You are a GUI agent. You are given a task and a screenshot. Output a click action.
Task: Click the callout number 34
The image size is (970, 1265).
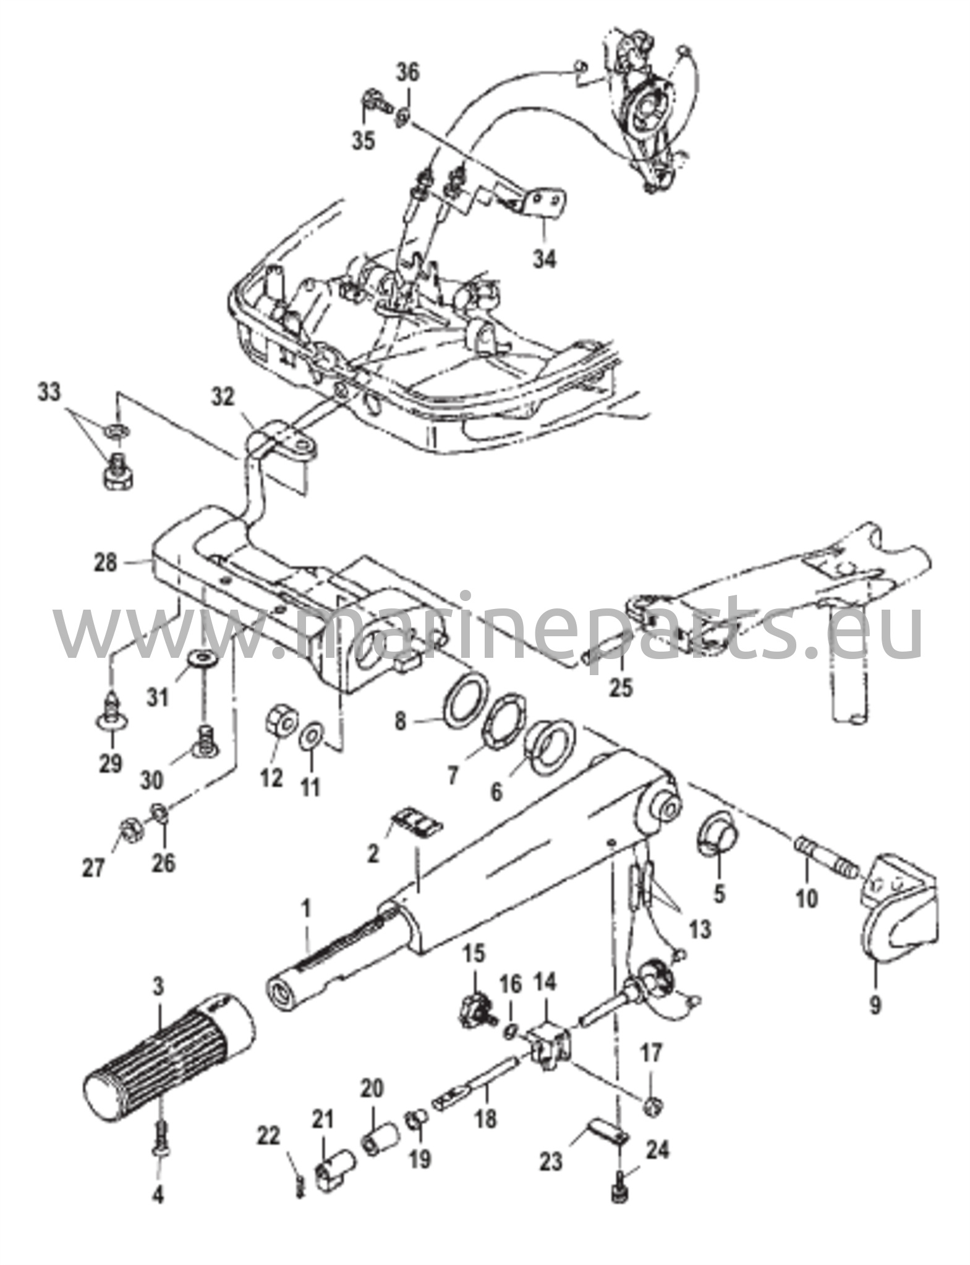click(x=545, y=258)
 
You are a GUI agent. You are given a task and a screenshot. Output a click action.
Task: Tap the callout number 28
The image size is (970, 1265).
click(x=105, y=563)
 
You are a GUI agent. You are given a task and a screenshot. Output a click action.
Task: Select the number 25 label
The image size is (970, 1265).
click(x=621, y=686)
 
